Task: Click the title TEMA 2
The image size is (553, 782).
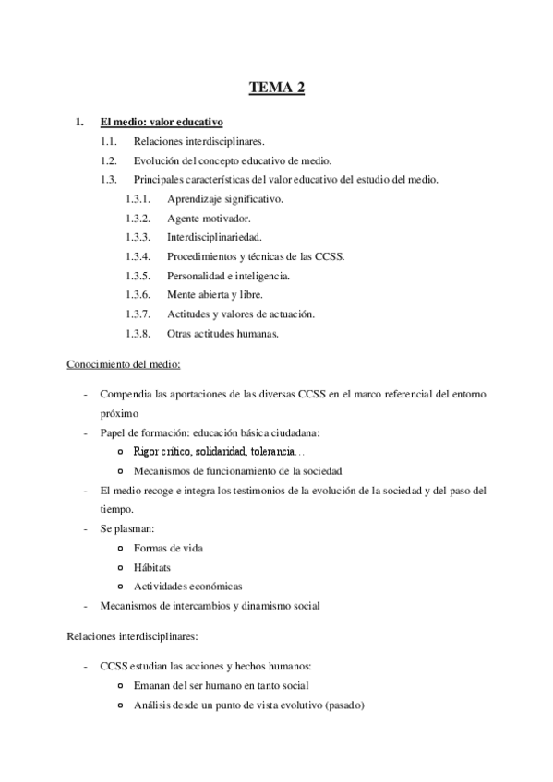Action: pos(276,88)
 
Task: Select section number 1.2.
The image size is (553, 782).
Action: pos(112,160)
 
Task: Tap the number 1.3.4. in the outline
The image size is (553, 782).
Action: pos(138,255)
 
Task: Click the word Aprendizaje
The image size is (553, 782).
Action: pos(197,198)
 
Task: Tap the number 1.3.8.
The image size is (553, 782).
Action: pos(138,333)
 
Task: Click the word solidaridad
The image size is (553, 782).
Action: pos(215,451)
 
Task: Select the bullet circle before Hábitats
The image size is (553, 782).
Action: pos(122,567)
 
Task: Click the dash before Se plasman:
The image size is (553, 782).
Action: pos(85,528)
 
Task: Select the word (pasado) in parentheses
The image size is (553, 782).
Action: pos(344,705)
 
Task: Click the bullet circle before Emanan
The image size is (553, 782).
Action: pos(122,686)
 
